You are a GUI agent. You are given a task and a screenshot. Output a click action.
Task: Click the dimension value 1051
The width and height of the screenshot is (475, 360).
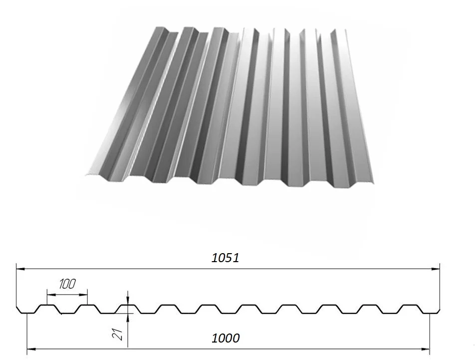tap(226, 258)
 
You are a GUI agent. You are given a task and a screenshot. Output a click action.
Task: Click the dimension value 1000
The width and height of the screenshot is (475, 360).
tap(226, 338)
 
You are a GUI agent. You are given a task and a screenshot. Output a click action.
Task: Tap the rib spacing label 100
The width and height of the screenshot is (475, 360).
tap(67, 284)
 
